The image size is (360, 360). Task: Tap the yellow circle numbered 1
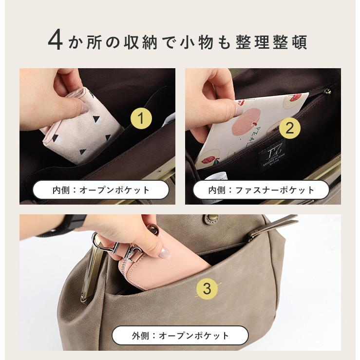[141, 118]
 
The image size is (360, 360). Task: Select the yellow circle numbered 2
[289, 128]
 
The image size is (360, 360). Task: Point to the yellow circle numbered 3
[207, 288]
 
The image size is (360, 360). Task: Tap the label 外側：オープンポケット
[180, 335]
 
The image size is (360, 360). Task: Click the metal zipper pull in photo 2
[327, 91]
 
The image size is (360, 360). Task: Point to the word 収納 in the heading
[142, 42]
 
